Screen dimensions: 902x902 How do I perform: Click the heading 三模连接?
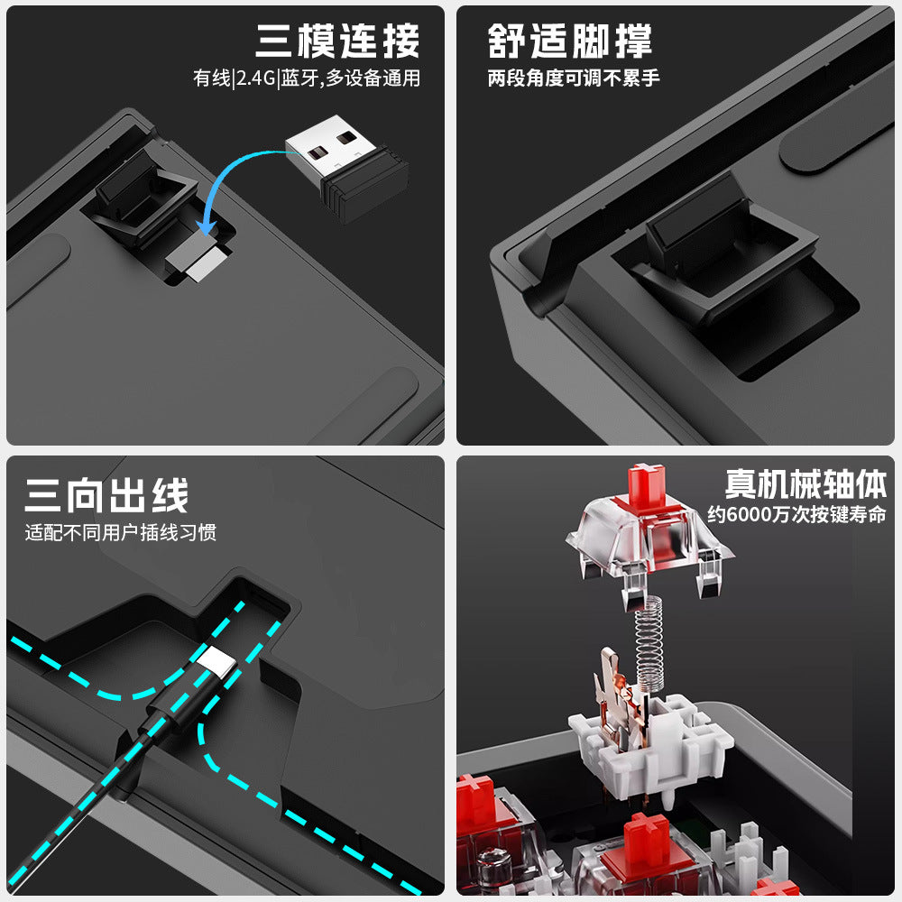tap(337, 41)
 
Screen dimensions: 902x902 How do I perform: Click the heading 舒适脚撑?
tap(569, 41)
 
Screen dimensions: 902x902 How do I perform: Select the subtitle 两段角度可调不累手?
tap(574, 78)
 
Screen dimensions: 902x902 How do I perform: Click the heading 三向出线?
tap(107, 495)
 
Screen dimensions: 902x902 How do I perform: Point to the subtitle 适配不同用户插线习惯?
tap(121, 532)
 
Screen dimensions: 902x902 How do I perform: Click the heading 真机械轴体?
tap(805, 483)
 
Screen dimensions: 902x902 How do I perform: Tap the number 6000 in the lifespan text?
tap(749, 514)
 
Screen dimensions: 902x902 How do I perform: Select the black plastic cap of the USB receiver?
tap(365, 185)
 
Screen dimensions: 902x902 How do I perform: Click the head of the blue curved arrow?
tap(206, 227)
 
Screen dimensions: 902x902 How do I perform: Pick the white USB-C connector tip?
tap(216, 661)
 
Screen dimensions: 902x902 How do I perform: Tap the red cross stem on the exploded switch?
tap(647, 485)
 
